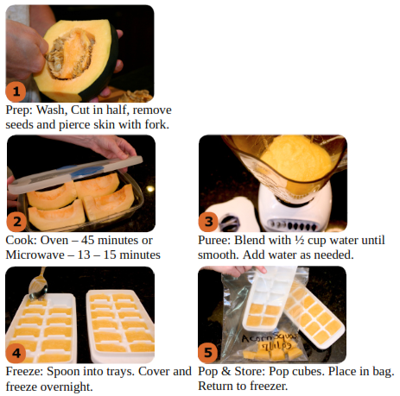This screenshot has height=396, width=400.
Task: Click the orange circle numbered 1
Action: pos(16,91)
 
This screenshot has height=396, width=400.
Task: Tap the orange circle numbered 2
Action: pos(16,222)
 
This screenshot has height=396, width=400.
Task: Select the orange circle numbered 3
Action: pos(208,222)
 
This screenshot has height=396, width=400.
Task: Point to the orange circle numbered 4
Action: pos(16,353)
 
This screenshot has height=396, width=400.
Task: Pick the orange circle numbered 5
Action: pos(208,353)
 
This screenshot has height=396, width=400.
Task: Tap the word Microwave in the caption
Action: pos(35,255)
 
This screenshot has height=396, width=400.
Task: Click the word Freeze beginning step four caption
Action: pos(24,371)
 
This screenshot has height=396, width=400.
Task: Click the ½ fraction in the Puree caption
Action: pos(299,240)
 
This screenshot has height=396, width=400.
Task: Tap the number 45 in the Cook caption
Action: pos(87,240)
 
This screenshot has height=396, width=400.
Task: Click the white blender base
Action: pos(294,209)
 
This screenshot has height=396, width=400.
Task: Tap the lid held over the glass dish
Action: pos(75,174)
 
